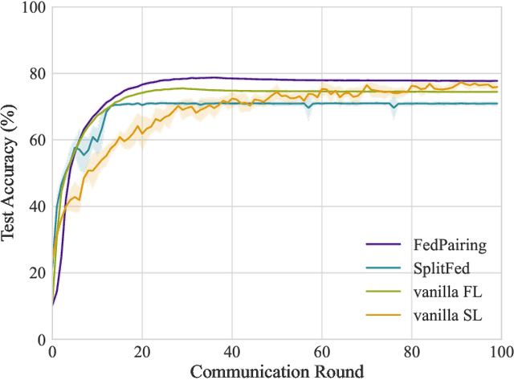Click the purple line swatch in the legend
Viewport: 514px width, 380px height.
coord(383,246)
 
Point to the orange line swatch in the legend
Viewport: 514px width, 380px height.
coord(383,316)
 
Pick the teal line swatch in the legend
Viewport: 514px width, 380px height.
coord(383,269)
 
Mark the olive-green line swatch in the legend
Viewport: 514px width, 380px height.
coord(383,292)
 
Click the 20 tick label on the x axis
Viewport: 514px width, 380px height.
coord(142,352)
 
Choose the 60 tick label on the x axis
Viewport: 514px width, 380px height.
coord(321,352)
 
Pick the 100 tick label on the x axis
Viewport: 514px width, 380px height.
coord(500,352)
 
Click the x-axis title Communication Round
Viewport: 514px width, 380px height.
coord(276,370)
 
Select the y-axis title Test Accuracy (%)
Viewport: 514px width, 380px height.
coord(10,173)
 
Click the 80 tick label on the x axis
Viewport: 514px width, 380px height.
coord(411,352)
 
